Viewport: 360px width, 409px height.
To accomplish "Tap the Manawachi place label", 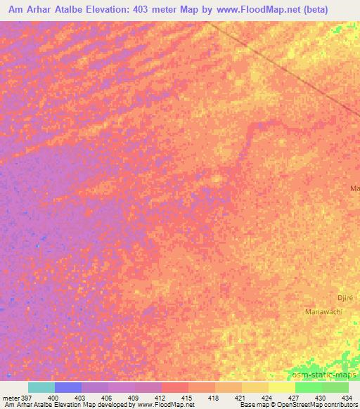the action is pyautogui.click(x=323, y=311).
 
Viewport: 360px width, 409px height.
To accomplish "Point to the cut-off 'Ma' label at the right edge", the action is pyautogui.click(x=354, y=188).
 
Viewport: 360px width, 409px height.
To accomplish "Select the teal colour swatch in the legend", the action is pyautogui.click(x=41, y=387).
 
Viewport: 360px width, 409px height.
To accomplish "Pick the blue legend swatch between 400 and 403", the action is pyautogui.click(x=68, y=387).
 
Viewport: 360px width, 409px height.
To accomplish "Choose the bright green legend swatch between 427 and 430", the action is pyautogui.click(x=308, y=387).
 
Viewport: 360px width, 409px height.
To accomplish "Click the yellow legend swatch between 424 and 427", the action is pyautogui.click(x=281, y=387).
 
